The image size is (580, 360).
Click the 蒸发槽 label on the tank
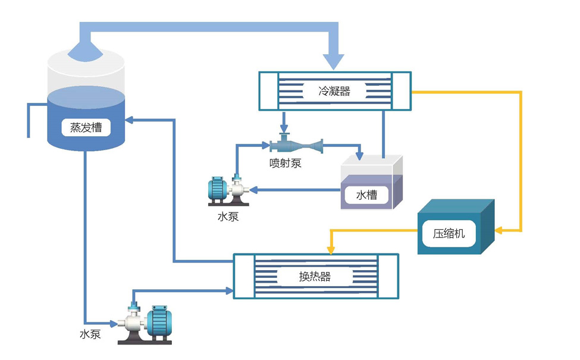point(86,127)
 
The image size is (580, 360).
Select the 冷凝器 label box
point(334,91)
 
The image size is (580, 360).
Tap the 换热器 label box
point(315,277)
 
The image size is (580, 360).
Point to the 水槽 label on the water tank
point(366,195)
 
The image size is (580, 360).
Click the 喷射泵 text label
point(285,163)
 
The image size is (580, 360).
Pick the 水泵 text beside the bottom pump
point(90,334)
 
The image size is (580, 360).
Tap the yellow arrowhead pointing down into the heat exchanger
point(331,248)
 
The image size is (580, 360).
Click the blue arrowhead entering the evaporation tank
point(130,120)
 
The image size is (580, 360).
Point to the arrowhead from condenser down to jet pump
point(284,129)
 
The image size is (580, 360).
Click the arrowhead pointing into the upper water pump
point(252,190)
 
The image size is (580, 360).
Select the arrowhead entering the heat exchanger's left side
point(230,291)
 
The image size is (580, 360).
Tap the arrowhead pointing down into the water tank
point(359,156)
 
